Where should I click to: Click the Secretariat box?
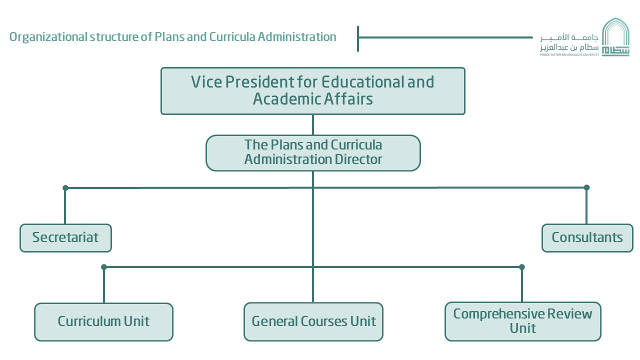[65, 238]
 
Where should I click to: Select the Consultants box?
[587, 238]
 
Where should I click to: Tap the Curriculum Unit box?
[103, 322]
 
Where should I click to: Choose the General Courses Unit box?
[313, 321]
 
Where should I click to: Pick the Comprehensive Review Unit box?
[523, 321]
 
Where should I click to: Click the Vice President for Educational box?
[313, 91]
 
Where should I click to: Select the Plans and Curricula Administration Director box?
[313, 153]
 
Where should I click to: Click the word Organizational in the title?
[48, 37]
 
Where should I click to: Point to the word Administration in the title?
[297, 37]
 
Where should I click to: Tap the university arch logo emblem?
[615, 36]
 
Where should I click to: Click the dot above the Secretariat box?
[65, 188]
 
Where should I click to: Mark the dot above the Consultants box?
[587, 187]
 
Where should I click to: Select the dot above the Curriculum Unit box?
[104, 267]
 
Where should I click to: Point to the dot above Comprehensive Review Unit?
[522, 267]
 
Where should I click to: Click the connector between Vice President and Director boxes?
[313, 125]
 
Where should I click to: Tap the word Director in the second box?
[358, 159]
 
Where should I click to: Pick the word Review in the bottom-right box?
[569, 313]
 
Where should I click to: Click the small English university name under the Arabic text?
[569, 54]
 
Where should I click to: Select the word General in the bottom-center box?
[274, 321]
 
